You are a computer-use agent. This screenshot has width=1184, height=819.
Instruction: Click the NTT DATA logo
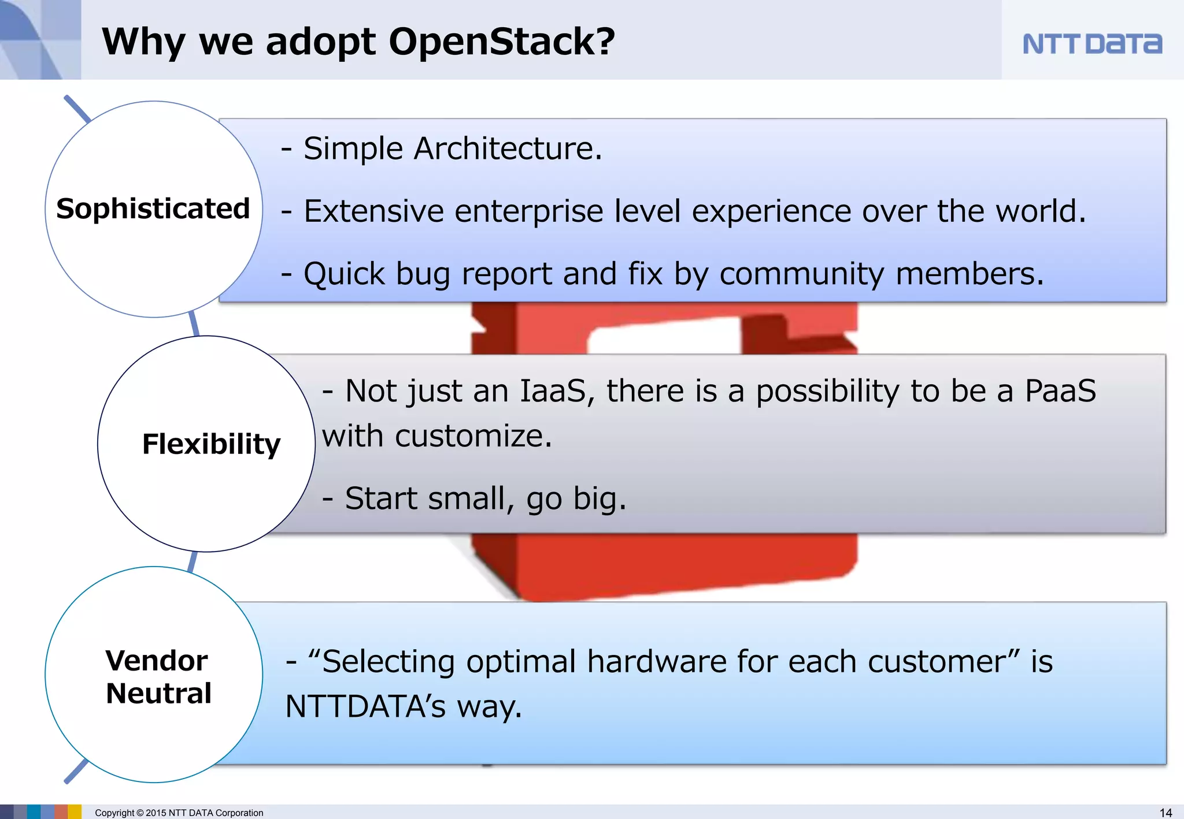(x=1091, y=44)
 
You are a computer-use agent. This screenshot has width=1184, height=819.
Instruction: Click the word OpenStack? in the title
(x=501, y=42)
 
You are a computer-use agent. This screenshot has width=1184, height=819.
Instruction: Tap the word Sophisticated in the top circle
(x=153, y=209)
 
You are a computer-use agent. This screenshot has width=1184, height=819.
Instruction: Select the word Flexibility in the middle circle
(x=211, y=444)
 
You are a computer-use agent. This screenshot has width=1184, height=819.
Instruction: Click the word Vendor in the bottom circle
(x=157, y=660)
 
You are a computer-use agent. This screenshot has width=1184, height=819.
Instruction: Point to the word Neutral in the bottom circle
(x=158, y=693)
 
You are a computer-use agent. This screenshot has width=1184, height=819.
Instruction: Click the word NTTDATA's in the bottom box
(x=365, y=706)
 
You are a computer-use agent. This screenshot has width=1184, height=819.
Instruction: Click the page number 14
(x=1165, y=813)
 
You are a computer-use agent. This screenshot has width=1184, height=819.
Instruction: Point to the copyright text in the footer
(x=179, y=813)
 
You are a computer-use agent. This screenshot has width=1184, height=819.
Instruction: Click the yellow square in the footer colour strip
(x=75, y=812)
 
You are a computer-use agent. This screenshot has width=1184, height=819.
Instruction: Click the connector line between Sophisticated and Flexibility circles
(x=194, y=324)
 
